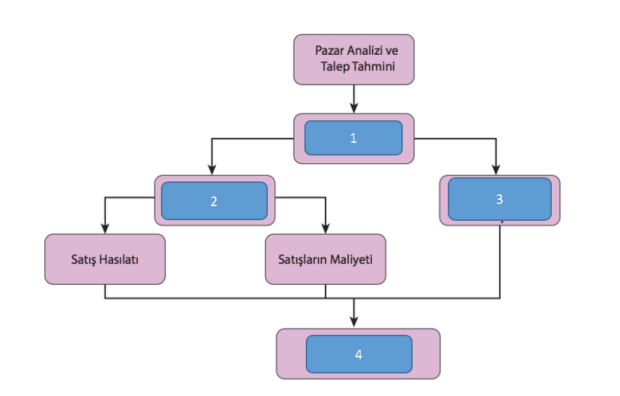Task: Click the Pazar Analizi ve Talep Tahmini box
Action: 354,59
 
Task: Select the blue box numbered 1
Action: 354,138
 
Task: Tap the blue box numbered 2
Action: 214,200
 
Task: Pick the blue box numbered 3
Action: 499,198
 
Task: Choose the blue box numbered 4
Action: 359,354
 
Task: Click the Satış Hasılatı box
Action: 105,259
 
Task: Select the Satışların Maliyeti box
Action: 325,259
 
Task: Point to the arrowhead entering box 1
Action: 354,108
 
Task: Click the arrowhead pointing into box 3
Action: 497,170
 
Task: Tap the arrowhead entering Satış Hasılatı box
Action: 105,229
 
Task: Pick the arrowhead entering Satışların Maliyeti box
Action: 325,229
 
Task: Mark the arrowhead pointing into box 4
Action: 354,322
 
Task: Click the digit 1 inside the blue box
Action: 354,138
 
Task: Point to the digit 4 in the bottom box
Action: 359,355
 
